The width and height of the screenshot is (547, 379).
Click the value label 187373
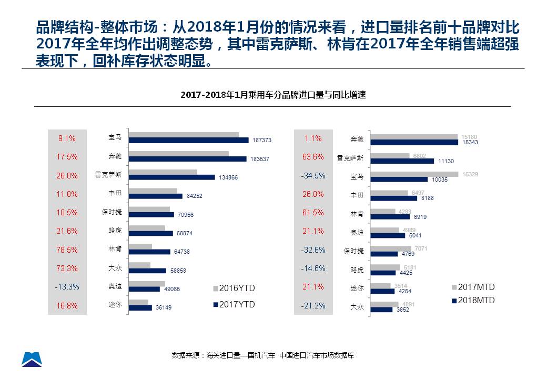tap(261, 141)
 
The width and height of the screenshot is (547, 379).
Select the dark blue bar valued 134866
tap(172, 177)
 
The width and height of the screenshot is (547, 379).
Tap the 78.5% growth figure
tap(67, 250)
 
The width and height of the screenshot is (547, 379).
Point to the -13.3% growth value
tap(67, 287)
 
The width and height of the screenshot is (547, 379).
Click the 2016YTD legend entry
tap(234, 288)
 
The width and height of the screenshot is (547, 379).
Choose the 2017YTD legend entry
tap(234, 304)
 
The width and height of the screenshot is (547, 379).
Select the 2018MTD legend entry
tap(473, 300)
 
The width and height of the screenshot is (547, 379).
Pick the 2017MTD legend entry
tap(473, 287)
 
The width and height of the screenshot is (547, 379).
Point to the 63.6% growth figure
tap(313, 157)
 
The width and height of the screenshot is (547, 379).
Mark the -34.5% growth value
tap(313, 176)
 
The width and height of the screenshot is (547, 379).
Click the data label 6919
tap(421, 217)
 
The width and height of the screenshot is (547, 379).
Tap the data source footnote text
tap(262, 355)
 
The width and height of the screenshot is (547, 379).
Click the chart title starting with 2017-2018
tap(272, 95)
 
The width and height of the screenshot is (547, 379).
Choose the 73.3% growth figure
tap(67, 268)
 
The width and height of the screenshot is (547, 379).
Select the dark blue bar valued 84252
tap(156, 196)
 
